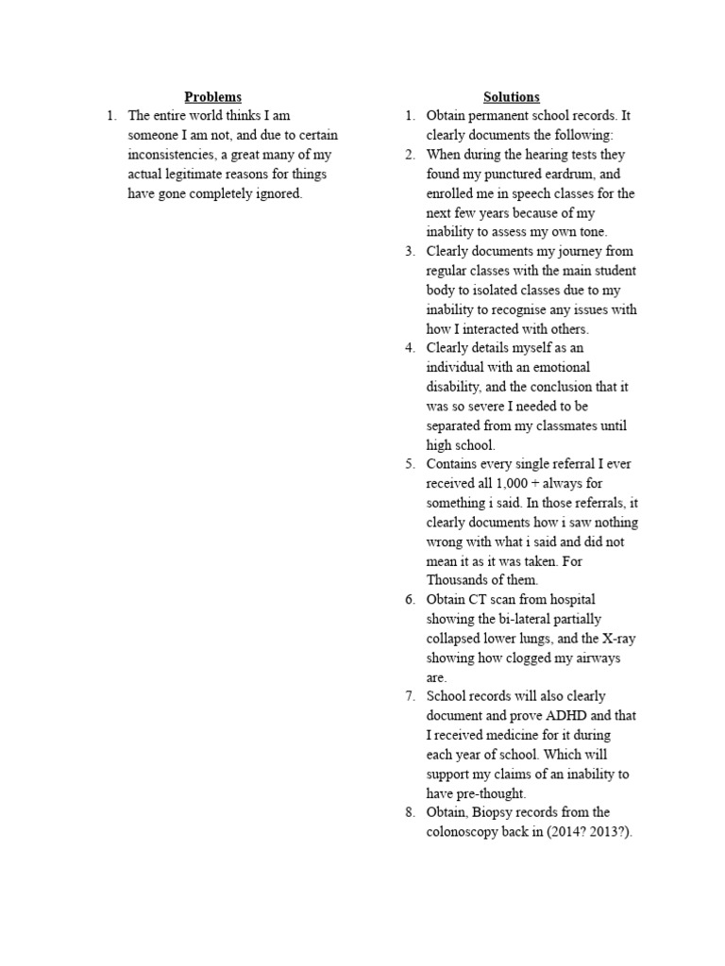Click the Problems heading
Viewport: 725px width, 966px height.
(212, 97)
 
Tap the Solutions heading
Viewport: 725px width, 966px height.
(511, 97)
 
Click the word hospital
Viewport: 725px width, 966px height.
(568, 600)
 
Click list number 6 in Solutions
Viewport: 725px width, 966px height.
(410, 600)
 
